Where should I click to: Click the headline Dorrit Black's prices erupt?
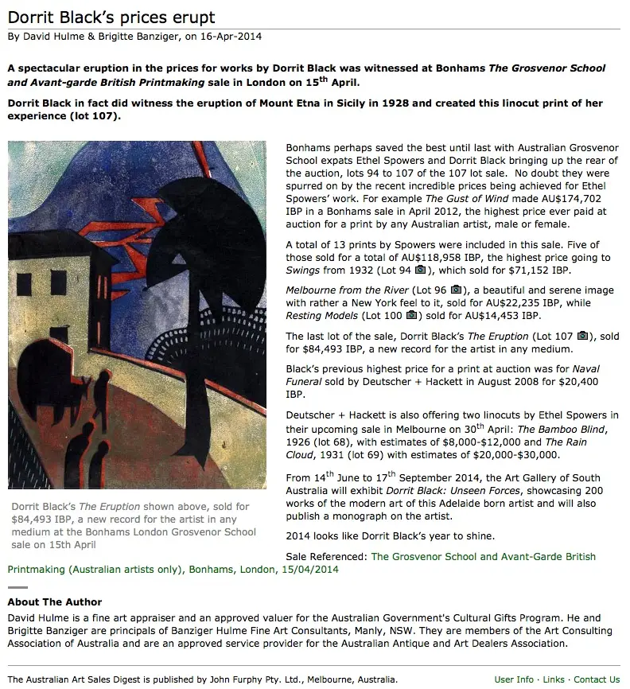pyautogui.click(x=111, y=17)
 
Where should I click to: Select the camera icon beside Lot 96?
pyautogui.click(x=456, y=289)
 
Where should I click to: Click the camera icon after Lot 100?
pyautogui.click(x=411, y=316)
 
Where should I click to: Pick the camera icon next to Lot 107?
pyautogui.click(x=582, y=336)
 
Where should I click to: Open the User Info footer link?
pyautogui.click(x=514, y=679)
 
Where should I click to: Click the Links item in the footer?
pyautogui.click(x=554, y=679)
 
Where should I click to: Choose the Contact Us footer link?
pyautogui.click(x=597, y=679)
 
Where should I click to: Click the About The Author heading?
pyautogui.click(x=55, y=602)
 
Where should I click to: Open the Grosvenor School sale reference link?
pyautogui.click(x=483, y=557)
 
